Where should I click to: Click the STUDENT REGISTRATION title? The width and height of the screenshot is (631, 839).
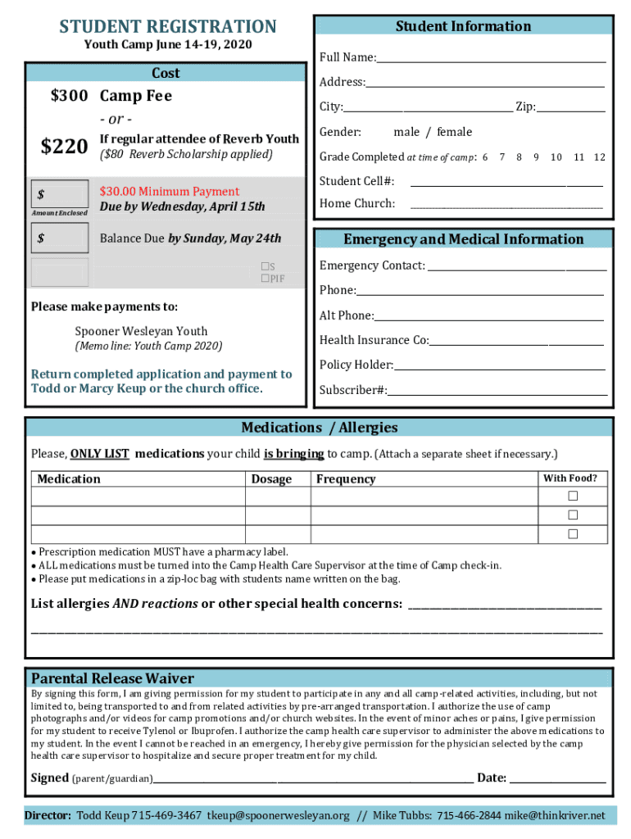tap(168, 27)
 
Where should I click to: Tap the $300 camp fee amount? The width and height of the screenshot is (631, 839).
tap(69, 96)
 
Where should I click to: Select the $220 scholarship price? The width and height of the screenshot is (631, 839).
tap(64, 147)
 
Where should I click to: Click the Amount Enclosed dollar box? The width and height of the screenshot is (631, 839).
tap(60, 195)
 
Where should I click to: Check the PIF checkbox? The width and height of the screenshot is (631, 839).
tap(265, 279)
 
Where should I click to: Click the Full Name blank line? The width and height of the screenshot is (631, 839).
tap(491, 59)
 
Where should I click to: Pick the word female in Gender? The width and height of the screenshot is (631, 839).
tap(454, 132)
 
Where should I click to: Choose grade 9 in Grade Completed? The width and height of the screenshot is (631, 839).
tap(536, 156)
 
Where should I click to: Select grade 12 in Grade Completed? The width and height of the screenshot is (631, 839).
tap(600, 156)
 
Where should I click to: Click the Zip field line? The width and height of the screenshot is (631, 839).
tap(571, 108)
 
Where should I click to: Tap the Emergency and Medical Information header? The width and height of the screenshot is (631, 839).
tap(463, 239)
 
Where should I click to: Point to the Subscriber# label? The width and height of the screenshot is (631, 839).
tap(353, 390)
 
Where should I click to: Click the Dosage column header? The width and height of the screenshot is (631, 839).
tap(271, 479)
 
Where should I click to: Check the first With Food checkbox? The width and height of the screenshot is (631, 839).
tap(574, 497)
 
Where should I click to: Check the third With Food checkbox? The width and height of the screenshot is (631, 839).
tap(574, 534)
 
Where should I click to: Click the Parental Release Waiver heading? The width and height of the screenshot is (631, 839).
tap(112, 678)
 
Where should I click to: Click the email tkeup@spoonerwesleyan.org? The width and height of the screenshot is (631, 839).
tap(278, 816)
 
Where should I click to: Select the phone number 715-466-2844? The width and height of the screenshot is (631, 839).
tap(469, 816)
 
